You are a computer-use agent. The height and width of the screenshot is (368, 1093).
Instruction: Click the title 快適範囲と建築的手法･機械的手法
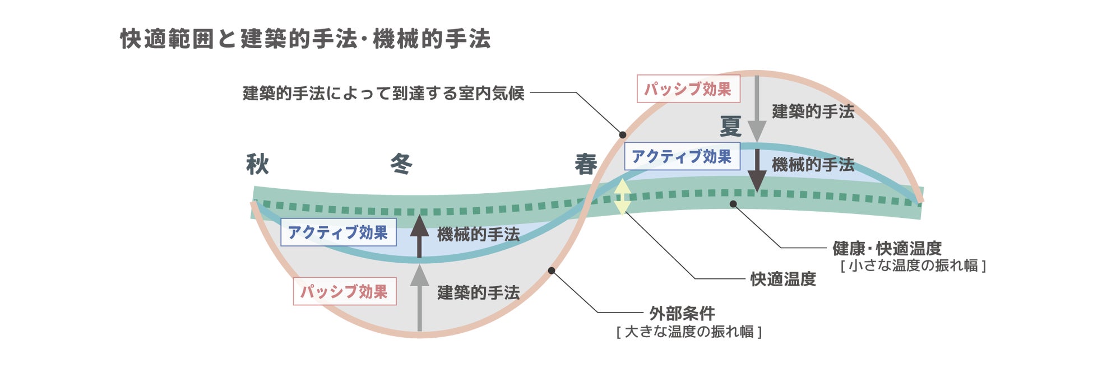click(x=305, y=39)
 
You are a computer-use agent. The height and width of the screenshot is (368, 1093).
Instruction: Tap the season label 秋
click(x=258, y=165)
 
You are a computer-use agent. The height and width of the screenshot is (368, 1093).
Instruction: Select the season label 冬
click(x=401, y=165)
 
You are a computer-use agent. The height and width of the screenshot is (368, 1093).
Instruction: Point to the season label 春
click(x=586, y=165)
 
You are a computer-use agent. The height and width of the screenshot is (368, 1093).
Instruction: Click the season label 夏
click(x=730, y=127)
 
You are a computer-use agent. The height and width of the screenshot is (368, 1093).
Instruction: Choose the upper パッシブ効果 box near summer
click(x=688, y=89)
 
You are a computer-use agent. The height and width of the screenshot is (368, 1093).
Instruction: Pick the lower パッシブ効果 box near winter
click(x=344, y=291)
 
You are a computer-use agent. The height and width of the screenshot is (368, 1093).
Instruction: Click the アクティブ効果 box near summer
click(x=682, y=156)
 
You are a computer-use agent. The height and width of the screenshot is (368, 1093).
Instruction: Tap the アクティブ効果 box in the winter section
click(x=338, y=232)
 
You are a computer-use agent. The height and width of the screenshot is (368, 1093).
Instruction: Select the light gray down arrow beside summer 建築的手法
click(x=757, y=109)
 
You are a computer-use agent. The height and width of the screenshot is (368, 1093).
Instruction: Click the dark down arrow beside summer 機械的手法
click(x=757, y=171)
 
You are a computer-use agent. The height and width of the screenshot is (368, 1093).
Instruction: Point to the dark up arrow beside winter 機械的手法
click(x=419, y=235)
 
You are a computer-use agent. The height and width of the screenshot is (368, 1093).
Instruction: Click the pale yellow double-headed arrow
click(x=623, y=197)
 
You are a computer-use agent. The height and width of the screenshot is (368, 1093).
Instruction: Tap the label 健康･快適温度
click(x=887, y=248)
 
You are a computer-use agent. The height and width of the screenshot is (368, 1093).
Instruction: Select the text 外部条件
click(x=682, y=314)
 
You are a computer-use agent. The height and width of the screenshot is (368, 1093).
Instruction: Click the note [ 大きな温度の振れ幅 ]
click(x=689, y=332)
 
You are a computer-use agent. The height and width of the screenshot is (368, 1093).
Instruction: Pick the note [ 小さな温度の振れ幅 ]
click(x=913, y=265)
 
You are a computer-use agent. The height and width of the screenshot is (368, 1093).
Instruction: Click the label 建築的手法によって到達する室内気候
click(x=383, y=93)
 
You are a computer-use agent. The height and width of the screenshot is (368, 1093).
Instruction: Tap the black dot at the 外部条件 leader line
click(x=552, y=271)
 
